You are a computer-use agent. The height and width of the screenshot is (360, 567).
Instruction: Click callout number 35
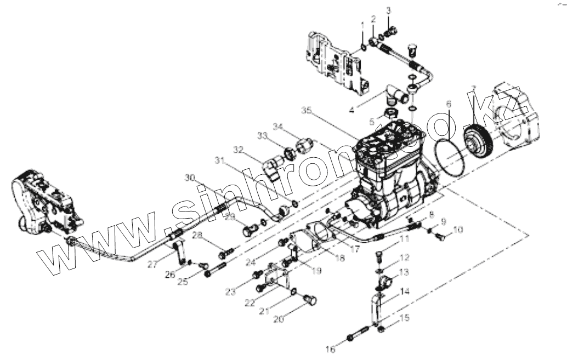click(x=307, y=111)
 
